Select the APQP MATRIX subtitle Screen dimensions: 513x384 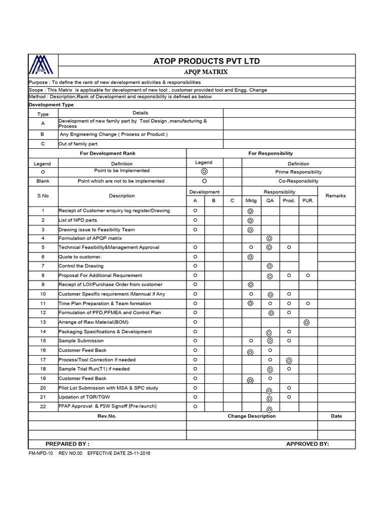[x=206, y=72]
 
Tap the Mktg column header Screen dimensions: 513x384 [x=250, y=200]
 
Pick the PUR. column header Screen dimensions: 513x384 [x=307, y=200]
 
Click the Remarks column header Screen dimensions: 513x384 [x=335, y=196]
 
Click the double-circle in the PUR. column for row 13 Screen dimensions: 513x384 [x=307, y=323]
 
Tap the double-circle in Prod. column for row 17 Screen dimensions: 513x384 [x=288, y=360]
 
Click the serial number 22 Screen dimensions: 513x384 [x=43, y=406]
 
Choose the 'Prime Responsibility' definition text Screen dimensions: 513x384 [x=298, y=172]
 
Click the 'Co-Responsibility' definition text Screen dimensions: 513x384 [x=298, y=181]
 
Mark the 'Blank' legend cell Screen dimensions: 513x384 [x=43, y=181]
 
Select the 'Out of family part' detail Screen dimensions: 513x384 [x=78, y=144]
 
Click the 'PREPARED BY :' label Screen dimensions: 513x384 [x=67, y=444]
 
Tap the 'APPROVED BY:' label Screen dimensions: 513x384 [x=307, y=444]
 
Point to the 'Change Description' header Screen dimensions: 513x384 [x=251, y=416]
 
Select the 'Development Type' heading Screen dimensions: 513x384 [x=51, y=105]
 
